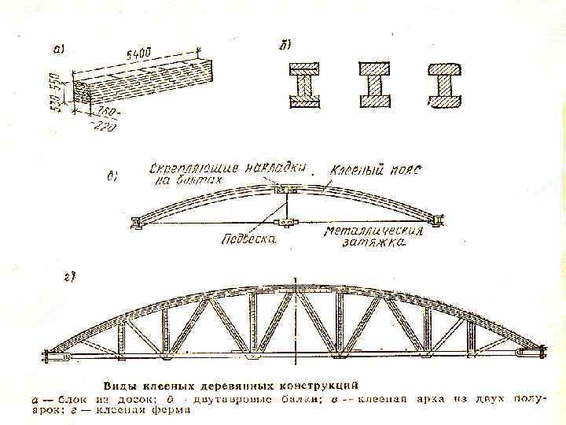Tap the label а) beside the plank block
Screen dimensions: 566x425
pos(60,49)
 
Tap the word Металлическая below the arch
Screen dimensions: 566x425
pos(374,232)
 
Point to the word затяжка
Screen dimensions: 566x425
pos(374,244)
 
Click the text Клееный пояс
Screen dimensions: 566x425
pos(376,170)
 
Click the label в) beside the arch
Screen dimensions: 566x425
pos(112,176)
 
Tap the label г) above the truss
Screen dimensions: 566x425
pos(68,276)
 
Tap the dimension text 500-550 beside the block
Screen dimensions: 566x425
pos(55,92)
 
